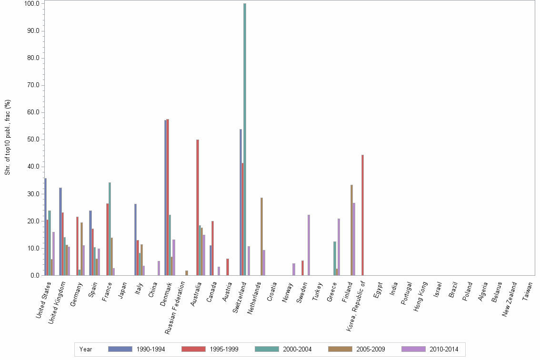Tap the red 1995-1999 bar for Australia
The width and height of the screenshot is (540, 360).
tap(198, 207)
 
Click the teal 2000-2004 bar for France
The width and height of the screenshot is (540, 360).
tap(110, 229)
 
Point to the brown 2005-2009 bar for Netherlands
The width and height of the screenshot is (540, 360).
tap(261, 236)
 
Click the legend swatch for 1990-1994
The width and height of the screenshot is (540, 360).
tap(120, 349)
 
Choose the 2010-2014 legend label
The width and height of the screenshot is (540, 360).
tap(443, 349)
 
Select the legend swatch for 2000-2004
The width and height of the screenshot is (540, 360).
tap(267, 349)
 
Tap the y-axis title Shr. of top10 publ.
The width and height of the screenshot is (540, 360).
tap(7, 137)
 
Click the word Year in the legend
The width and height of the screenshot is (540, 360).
tap(86, 349)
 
